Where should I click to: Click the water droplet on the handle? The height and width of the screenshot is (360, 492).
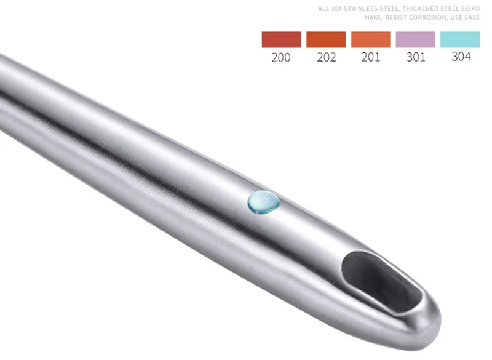(x=264, y=202)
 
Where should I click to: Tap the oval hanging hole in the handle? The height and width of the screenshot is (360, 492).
(x=381, y=281)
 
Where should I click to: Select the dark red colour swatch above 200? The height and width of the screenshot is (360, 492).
(x=281, y=39)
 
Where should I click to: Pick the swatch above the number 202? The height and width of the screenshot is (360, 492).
(x=326, y=39)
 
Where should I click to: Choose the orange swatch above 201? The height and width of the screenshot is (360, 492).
(x=371, y=39)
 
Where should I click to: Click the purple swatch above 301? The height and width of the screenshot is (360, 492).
(x=416, y=39)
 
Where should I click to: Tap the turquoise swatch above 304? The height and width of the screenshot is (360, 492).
(x=460, y=39)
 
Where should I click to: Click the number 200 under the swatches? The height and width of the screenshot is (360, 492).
(x=281, y=57)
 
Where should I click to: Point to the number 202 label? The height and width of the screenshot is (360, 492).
(x=327, y=57)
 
